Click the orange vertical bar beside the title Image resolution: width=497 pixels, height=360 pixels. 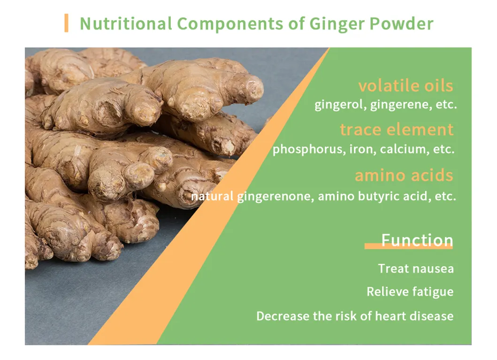coord(66,23)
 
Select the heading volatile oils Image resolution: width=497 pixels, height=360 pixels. coord(405,86)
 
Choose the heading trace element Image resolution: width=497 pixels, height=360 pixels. coord(397,129)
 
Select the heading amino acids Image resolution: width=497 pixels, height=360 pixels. coord(404,175)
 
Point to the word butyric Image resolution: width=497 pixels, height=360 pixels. coord(380,196)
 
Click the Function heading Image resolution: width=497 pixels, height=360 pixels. coord(417,240)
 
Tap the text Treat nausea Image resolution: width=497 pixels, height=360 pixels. coord(416,269)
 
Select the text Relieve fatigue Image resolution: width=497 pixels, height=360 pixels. coord(410,292)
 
